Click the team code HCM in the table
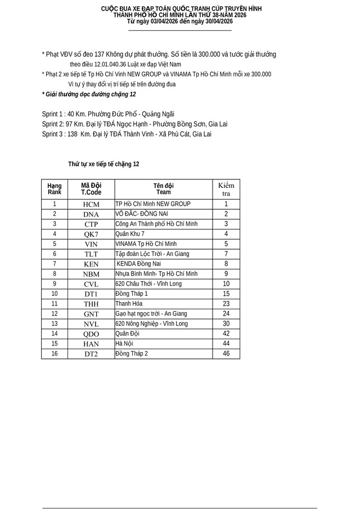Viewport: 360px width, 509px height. pos(91,205)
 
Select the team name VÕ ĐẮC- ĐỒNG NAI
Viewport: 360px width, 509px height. pos(141,214)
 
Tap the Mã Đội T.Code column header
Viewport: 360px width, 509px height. pos(91,188)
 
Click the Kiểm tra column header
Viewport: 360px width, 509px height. pos(226,189)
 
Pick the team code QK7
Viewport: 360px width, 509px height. pos(91,234)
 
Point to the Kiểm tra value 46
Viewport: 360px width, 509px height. pos(226,353)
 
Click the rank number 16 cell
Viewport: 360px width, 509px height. pos(55,353)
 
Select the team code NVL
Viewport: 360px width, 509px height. pos(91,324)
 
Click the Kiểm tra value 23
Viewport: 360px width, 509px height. pos(226,304)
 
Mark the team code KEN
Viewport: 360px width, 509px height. pos(91,264)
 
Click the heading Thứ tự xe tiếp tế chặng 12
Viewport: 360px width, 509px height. pos(103,164)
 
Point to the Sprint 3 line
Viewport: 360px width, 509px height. pos(127,134)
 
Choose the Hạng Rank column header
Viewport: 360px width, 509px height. pos(55,188)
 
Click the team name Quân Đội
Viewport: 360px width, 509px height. pos(127,334)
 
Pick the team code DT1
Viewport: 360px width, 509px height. pos(91,294)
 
